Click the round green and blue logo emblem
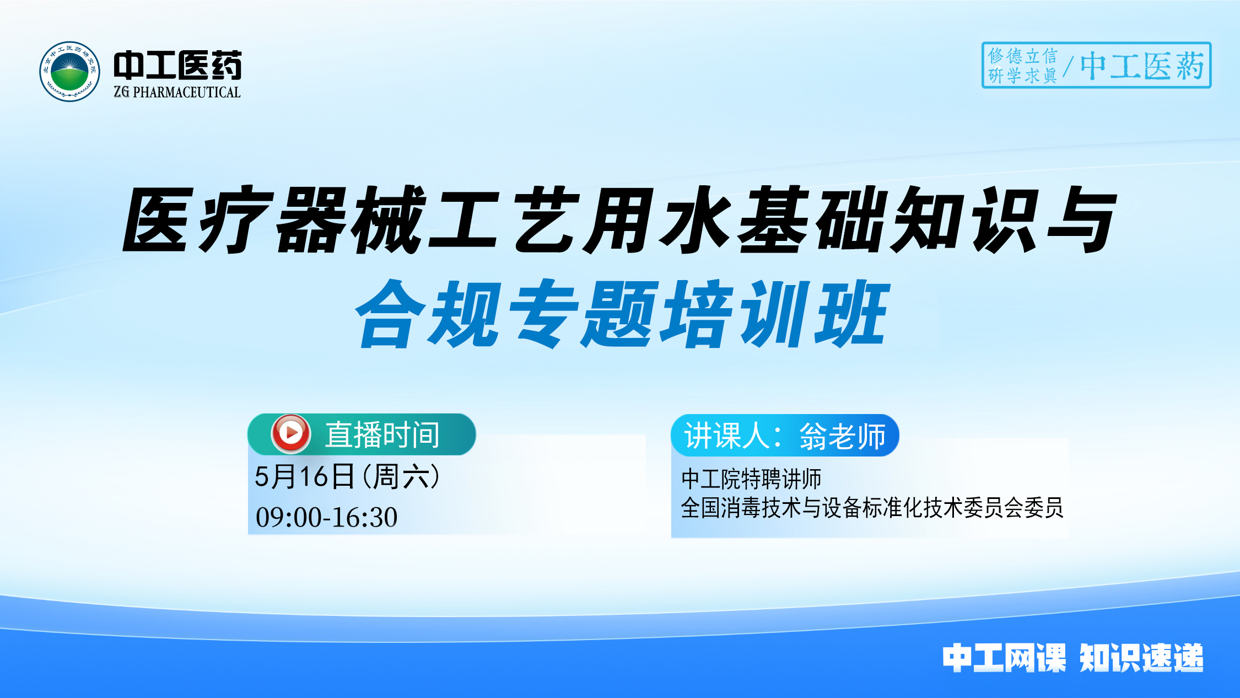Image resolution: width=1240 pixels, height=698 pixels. coord(69,71)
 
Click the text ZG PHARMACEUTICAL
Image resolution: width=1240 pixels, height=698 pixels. coord(177,92)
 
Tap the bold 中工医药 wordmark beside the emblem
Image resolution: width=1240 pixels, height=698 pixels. coord(177,65)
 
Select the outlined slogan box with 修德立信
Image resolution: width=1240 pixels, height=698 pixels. coord(1096,65)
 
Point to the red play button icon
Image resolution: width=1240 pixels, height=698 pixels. coord(290,433)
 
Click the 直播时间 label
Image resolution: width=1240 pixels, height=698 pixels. coord(382,434)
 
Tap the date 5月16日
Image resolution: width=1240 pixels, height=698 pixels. coord(304,476)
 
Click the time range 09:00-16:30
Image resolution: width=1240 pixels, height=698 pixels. coord(326,517)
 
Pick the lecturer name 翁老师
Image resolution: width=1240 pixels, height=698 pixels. coord(842,436)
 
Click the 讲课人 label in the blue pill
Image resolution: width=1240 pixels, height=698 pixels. coord(727,436)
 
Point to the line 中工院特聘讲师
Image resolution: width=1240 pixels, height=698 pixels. coord(751,479)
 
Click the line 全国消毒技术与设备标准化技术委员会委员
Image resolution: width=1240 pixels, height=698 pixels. coord(872,507)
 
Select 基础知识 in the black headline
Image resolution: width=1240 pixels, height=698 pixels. coord(887,220)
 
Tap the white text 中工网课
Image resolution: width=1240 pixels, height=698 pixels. coord(1004,658)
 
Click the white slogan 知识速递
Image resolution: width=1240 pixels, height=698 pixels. coord(1141,658)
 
